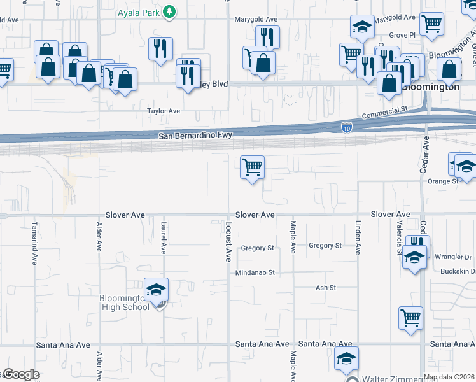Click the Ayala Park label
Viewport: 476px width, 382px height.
click(x=139, y=11)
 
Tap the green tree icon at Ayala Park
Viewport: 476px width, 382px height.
click(x=169, y=11)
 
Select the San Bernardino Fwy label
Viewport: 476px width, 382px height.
click(x=197, y=135)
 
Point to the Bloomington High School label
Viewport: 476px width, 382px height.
click(x=124, y=302)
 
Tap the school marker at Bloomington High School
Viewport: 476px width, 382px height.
click(x=156, y=290)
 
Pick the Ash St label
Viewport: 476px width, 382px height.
click(x=325, y=288)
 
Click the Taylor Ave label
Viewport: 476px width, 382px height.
click(x=164, y=111)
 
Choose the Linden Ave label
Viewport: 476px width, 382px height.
click(x=358, y=238)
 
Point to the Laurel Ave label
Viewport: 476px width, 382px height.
click(x=164, y=238)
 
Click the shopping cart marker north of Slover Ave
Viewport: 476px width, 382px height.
click(x=253, y=168)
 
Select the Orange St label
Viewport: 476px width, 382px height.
click(x=442, y=181)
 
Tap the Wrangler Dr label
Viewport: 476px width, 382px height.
click(x=452, y=257)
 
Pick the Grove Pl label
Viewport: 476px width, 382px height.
click(x=402, y=34)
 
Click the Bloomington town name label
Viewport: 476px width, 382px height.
click(x=435, y=87)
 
